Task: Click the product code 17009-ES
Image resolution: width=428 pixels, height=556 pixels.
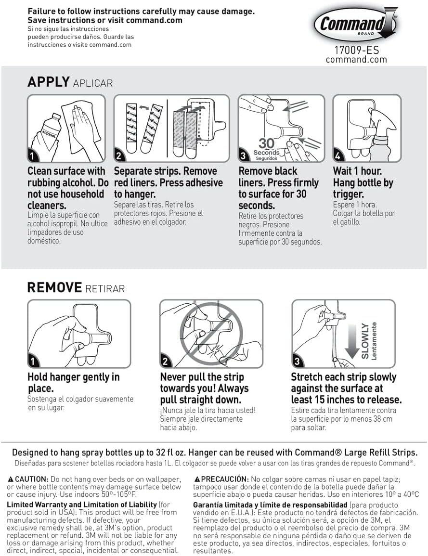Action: pyautogui.click(x=356, y=50)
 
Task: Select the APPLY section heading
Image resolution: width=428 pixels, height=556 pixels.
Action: pyautogui.click(x=49, y=82)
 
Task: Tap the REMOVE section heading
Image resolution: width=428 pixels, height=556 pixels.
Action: pyautogui.click(x=54, y=288)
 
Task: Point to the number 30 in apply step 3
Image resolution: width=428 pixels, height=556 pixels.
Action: pyautogui.click(x=266, y=143)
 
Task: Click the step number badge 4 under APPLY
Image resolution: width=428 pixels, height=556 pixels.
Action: pyautogui.click(x=339, y=156)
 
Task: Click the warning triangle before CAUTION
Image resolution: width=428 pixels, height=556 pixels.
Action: pyautogui.click(x=11, y=479)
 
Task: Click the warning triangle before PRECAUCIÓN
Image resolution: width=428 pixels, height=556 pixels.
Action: pyautogui.click(x=197, y=479)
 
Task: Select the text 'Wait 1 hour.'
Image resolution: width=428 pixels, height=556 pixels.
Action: pyautogui.click(x=358, y=171)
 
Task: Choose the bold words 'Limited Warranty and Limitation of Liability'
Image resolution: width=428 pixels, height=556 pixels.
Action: pyautogui.click(x=82, y=504)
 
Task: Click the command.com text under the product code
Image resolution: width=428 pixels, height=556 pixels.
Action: pyautogui.click(x=356, y=60)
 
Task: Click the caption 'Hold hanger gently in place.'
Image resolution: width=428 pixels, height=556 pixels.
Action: pyautogui.click(x=74, y=382)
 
